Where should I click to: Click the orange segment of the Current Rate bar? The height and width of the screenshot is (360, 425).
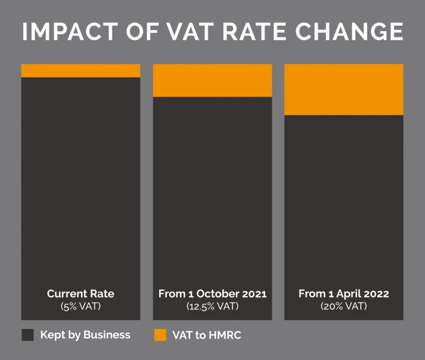(x=81, y=71)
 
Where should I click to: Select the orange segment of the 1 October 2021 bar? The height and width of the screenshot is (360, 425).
(x=212, y=81)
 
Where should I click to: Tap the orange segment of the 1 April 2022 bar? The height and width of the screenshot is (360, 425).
(x=344, y=90)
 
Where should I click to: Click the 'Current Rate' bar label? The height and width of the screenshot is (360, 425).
(x=81, y=294)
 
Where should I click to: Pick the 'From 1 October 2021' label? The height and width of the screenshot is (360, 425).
(x=212, y=294)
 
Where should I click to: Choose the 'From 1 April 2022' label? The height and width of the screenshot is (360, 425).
(x=344, y=294)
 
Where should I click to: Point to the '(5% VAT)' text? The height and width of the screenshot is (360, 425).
(x=81, y=306)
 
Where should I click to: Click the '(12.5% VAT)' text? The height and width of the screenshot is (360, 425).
(x=212, y=306)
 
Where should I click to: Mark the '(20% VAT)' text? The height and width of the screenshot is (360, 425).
(x=344, y=306)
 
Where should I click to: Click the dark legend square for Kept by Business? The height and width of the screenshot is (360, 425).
(x=28, y=335)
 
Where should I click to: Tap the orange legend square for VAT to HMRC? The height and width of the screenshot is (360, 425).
(x=160, y=335)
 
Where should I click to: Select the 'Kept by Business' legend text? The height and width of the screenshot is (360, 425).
(x=85, y=335)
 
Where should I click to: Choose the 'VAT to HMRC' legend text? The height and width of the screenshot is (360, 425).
(x=206, y=335)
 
